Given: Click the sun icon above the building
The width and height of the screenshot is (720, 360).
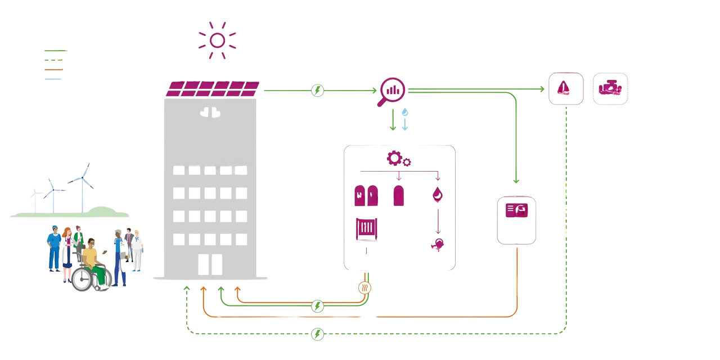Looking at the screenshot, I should click(217, 40).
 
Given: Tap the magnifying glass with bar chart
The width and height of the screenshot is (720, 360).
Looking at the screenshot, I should click(391, 91).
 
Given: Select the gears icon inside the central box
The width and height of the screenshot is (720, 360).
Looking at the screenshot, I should click(398, 159).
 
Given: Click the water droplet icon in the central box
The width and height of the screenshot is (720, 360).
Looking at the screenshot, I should click(437, 195).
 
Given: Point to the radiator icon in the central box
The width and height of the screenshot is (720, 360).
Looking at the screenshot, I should click(366, 229).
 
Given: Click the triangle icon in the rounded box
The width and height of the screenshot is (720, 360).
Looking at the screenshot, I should click(565, 88).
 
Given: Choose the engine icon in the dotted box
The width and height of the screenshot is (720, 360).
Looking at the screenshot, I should click(610, 88).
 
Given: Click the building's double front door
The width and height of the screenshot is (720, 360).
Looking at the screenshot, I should click(210, 264).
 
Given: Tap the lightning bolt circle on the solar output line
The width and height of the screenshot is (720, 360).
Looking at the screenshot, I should click(318, 90).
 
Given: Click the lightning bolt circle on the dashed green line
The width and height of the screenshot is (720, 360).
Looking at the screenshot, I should click(318, 334).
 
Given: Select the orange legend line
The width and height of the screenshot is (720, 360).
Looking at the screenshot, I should click(54, 69).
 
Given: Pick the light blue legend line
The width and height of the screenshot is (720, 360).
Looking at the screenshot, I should click(53, 79).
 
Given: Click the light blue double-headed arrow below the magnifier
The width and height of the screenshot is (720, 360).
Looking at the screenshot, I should click(404, 120).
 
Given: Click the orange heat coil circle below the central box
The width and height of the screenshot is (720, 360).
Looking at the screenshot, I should click(365, 288).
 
